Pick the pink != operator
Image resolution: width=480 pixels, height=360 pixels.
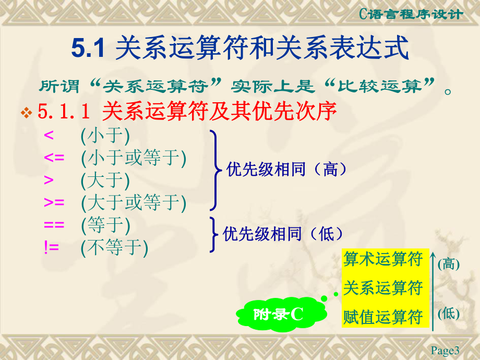(52, 247)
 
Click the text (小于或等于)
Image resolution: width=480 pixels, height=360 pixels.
(134, 158)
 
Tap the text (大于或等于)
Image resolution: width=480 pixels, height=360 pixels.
(134, 202)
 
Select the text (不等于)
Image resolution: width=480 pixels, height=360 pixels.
(115, 247)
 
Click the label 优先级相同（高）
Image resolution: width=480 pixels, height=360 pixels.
(287, 170)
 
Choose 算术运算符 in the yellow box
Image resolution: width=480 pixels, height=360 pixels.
(382, 259)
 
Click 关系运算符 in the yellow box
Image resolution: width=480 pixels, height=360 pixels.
(382, 287)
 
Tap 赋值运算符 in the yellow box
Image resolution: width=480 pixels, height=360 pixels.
(382, 317)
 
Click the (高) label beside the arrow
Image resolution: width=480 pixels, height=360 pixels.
(449, 264)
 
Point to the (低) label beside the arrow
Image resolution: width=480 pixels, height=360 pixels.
(449, 314)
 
